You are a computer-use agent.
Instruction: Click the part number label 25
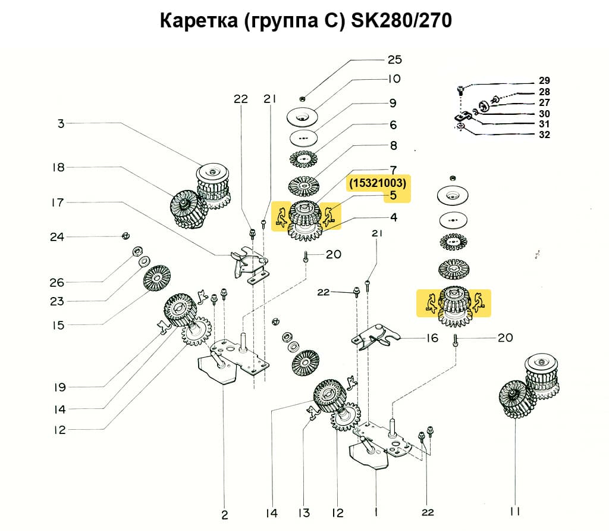tap(395, 60)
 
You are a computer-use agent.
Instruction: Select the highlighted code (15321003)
tap(377, 183)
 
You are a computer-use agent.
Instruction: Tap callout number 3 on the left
tap(61, 124)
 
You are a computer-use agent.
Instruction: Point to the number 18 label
tap(58, 167)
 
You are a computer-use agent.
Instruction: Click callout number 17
tap(57, 202)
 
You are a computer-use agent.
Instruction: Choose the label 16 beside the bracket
tap(432, 338)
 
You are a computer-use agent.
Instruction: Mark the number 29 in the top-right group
tap(544, 80)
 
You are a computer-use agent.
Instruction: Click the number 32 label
tap(544, 135)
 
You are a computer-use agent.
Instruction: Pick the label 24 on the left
tap(57, 237)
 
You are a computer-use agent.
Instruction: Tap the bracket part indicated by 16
tap(375, 337)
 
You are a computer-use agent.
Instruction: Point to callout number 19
tap(59, 388)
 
